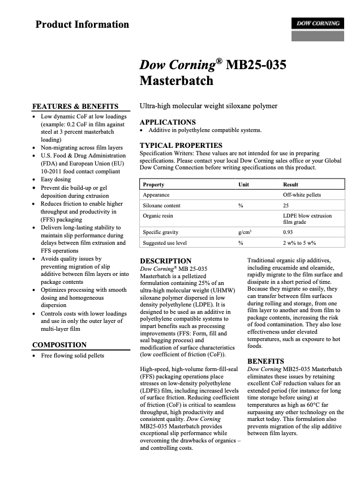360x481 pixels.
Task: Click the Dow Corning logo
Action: (317, 24)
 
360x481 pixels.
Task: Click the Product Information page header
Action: (82, 24)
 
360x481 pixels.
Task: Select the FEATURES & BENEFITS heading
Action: (75, 106)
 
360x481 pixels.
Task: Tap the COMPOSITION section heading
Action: (59, 344)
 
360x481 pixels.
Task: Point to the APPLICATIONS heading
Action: (168, 122)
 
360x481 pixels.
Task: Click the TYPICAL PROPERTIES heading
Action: (181, 145)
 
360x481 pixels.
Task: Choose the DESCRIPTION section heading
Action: (165, 261)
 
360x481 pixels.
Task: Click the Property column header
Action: (153, 185)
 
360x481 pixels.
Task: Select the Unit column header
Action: (244, 185)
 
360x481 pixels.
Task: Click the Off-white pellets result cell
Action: (302, 195)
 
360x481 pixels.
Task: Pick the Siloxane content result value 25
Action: (286, 205)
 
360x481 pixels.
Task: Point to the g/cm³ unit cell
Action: (245, 232)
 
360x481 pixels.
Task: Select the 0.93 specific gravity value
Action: (288, 232)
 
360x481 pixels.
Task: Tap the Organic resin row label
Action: (157, 216)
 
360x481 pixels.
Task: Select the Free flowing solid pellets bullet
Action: (72, 356)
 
